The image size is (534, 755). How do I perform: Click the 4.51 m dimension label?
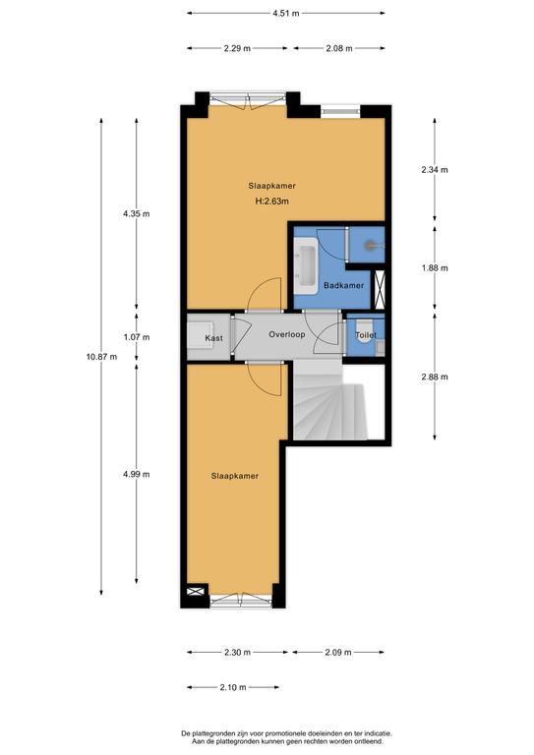coord(285,14)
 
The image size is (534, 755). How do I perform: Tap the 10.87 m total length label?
coord(101,357)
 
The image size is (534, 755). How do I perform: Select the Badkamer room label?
coord(344,285)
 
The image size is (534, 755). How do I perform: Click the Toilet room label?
coord(366,334)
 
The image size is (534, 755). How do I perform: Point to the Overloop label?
coord(287,334)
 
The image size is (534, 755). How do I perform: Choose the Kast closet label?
coord(213,338)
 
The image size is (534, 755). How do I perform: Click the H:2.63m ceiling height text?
coord(272,202)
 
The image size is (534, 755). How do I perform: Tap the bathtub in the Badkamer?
coord(306,265)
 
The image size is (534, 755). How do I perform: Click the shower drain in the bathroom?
coord(370,246)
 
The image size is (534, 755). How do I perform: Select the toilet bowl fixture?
coord(365,331)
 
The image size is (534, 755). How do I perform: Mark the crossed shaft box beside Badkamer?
coord(380,289)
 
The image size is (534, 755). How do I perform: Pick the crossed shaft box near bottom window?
coord(196,590)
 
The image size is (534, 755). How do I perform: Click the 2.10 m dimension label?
coord(233,687)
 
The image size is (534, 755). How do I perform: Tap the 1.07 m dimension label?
coord(137,337)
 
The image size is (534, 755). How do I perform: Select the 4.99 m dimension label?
coord(137,474)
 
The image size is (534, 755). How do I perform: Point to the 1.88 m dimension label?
coord(435,268)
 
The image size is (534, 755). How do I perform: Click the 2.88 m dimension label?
coord(435,377)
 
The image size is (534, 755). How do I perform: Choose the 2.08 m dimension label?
coord(339,48)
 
